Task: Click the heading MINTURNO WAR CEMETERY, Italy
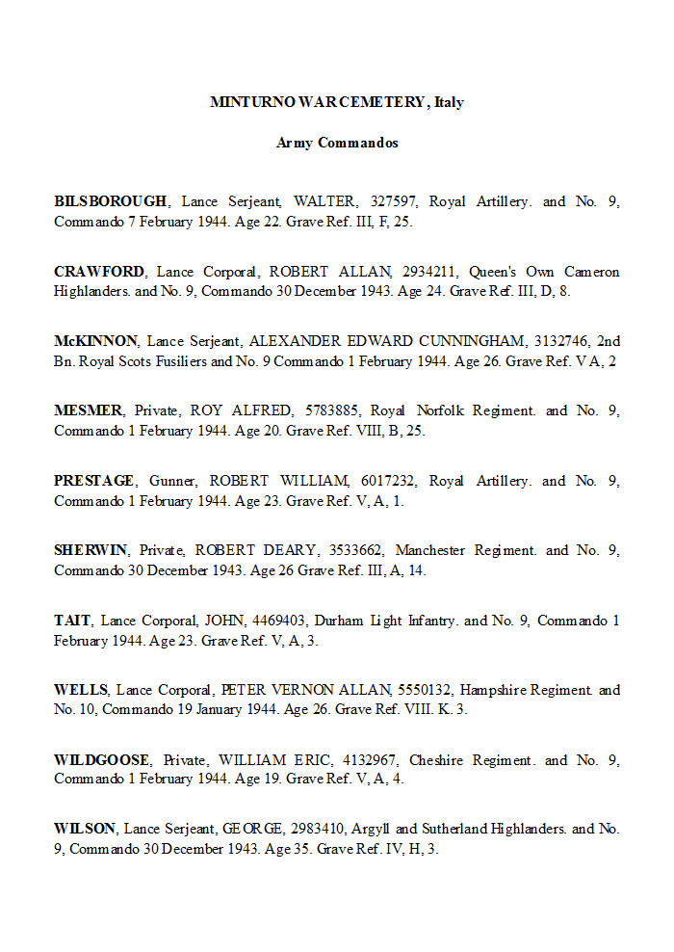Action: point(336,101)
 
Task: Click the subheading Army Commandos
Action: point(337,143)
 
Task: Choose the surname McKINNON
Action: point(96,341)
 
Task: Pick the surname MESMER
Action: point(88,411)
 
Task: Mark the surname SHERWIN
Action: point(91,551)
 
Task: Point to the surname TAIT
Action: point(72,621)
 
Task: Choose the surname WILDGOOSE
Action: point(102,760)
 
